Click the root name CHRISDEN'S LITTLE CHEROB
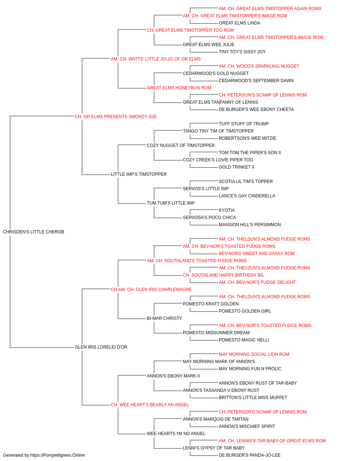33,232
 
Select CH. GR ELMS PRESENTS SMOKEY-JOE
116,117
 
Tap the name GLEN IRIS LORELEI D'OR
101,347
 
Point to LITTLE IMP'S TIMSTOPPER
139,174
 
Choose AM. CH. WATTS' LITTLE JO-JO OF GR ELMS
156,59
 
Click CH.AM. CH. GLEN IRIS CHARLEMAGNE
151,289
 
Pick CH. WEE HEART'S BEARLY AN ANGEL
150,405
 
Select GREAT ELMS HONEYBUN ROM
179,88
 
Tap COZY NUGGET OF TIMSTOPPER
181,145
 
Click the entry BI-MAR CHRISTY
164,318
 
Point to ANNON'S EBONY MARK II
173,376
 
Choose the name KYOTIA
227,210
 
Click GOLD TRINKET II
237,167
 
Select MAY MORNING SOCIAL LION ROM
254,354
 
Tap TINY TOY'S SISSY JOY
242,52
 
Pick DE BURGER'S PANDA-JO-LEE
249,455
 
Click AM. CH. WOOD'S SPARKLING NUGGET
259,66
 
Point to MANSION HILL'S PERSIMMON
250,225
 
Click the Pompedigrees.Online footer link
57,455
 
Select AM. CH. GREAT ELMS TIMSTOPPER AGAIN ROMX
270,9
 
